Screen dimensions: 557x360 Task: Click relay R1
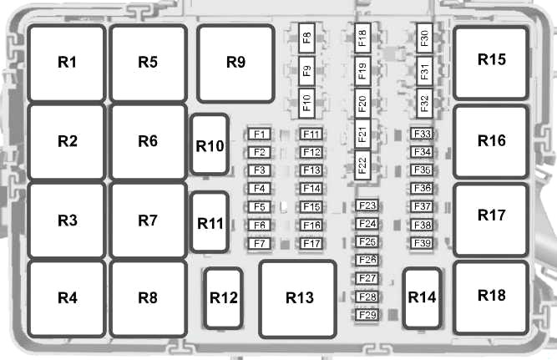[x=67, y=63]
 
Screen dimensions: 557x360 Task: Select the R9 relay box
[x=235, y=63]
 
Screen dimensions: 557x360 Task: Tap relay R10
[x=210, y=145]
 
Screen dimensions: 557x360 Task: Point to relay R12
[x=224, y=298]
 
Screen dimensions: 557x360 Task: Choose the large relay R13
[x=297, y=299]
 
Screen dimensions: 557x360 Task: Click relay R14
[x=422, y=298]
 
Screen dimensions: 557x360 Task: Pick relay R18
[x=491, y=298]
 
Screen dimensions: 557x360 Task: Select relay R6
[x=148, y=142]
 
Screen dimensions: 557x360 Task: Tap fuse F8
[x=307, y=38]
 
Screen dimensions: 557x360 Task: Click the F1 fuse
[x=260, y=134]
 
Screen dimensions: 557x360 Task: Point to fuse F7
[x=260, y=244]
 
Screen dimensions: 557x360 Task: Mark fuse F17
[x=311, y=244]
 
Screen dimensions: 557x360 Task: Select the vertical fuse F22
[x=362, y=165]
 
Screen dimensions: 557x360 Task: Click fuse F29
[x=367, y=315]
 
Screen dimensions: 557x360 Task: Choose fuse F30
[x=424, y=38]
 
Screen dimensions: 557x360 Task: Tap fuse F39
[x=422, y=243]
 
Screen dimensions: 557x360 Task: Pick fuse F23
[x=367, y=205]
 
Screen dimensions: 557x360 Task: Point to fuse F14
[x=311, y=188]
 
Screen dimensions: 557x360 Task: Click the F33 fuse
[x=422, y=134]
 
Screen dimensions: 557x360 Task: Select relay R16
[x=491, y=142]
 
